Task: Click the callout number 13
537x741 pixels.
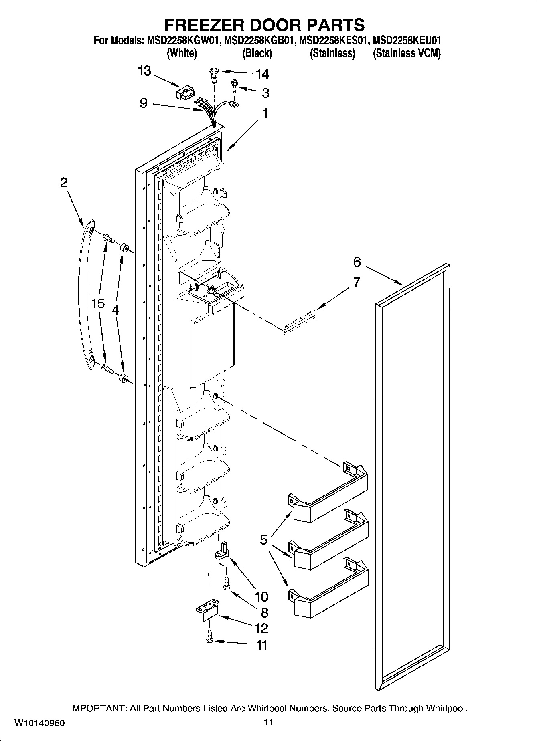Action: click(x=144, y=71)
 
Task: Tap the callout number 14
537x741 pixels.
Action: click(x=262, y=74)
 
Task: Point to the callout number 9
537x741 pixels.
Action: click(x=144, y=103)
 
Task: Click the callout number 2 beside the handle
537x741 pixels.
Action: click(x=63, y=183)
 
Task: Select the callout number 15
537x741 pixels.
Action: click(x=98, y=303)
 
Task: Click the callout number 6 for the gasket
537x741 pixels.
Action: click(x=357, y=262)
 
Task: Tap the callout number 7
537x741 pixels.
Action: click(x=357, y=282)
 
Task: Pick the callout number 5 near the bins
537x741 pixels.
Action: click(x=263, y=540)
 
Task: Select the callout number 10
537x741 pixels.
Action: click(x=261, y=597)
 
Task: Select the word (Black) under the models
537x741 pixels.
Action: click(x=257, y=53)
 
